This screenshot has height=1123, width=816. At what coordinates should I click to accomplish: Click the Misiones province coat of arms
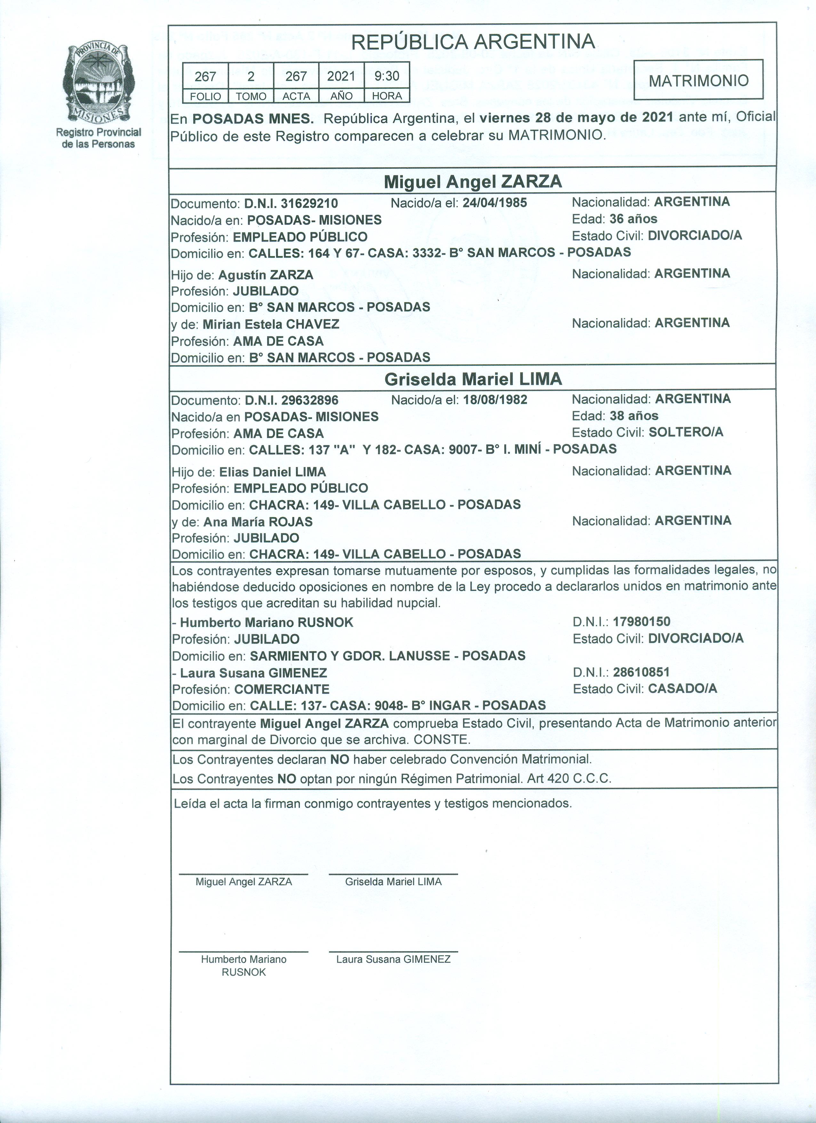pyautogui.click(x=98, y=82)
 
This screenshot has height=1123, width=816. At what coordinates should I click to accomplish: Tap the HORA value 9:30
pyautogui.click(x=387, y=76)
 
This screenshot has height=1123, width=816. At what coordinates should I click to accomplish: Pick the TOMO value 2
pyautogui.click(x=251, y=76)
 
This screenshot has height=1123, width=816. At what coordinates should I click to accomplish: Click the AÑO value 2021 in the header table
pyautogui.click(x=341, y=76)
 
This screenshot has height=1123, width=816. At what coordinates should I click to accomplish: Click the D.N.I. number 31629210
pyautogui.click(x=309, y=203)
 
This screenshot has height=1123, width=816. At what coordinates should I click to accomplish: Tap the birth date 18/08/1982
pyautogui.click(x=495, y=400)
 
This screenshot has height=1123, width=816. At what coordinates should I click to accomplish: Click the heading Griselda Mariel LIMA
pyautogui.click(x=473, y=379)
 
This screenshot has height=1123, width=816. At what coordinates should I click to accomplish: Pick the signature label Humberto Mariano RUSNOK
pyautogui.click(x=244, y=966)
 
